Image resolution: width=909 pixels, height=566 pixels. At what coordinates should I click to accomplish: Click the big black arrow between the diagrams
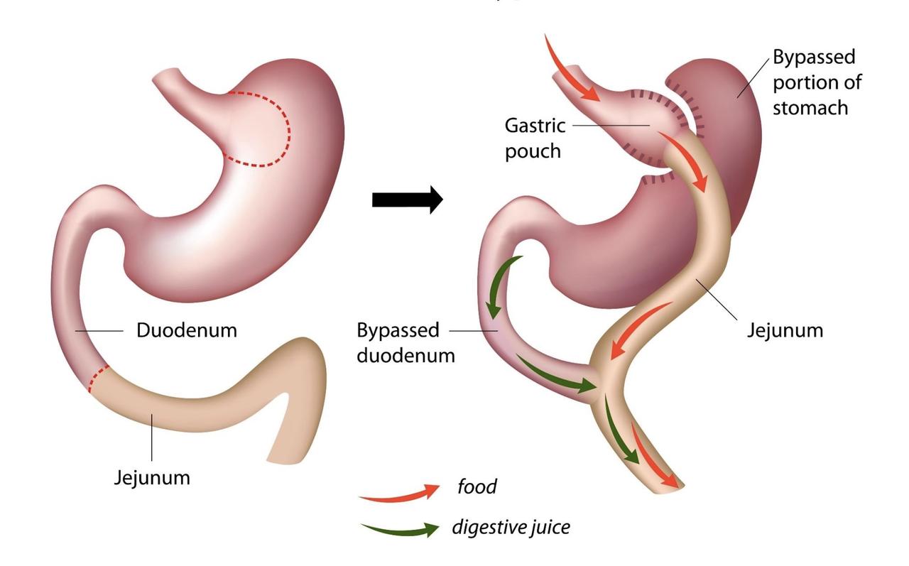(407, 200)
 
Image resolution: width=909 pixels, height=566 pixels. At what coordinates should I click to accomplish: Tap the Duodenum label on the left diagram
(187, 330)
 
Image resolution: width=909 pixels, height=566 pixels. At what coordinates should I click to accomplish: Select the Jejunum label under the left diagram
(152, 477)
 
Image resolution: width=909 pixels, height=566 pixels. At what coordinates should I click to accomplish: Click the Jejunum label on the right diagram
(785, 330)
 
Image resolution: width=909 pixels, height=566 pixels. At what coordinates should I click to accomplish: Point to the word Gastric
(535, 126)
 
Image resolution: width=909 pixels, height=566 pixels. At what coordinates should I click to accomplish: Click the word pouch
(533, 152)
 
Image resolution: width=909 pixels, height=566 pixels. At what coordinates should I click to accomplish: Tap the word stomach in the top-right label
(810, 108)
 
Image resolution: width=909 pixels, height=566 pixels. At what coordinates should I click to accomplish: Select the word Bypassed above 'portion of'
(814, 58)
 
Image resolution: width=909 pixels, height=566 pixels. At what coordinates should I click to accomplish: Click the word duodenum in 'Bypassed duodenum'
(405, 356)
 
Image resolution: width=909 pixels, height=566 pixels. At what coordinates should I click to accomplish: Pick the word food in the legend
(477, 486)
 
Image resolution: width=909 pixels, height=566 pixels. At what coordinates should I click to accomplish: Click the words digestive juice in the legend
(511, 528)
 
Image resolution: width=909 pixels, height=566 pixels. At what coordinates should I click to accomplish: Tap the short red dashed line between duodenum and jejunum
(99, 378)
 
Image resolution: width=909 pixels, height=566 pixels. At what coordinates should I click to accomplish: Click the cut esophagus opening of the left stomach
(166, 76)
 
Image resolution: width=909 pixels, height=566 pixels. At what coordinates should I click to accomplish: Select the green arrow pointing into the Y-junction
(556, 375)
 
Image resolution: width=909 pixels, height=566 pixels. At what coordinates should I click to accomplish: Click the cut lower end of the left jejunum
(286, 462)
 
